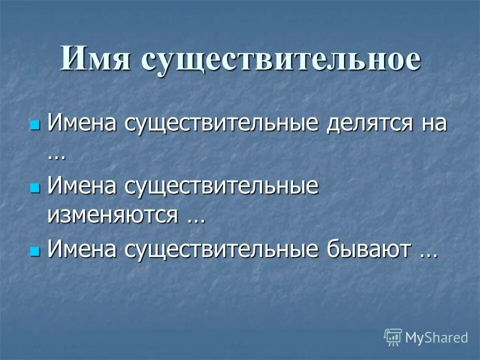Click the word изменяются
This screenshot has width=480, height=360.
[x=113, y=216]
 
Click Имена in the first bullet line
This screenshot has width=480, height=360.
[x=82, y=123]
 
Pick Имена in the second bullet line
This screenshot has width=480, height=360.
[x=82, y=186]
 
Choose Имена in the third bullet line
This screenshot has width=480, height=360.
[x=82, y=249]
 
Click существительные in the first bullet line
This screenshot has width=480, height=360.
[x=221, y=123]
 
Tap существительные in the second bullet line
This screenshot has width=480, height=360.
[x=221, y=186]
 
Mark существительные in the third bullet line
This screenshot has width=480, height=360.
[x=221, y=249]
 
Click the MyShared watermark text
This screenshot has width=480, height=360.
[x=437, y=337]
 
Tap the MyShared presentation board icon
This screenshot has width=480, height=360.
[x=393, y=337]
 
